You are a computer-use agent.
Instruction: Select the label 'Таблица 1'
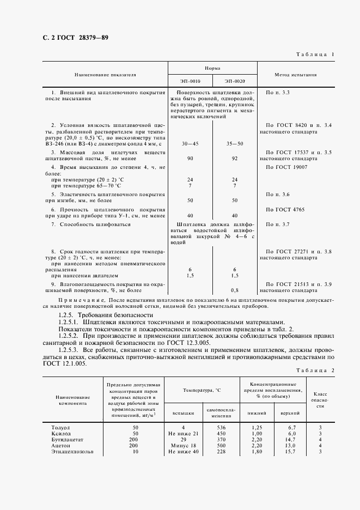tap(315, 55)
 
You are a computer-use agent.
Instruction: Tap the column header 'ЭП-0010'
tap(189, 81)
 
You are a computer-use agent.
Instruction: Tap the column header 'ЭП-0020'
tap(235, 81)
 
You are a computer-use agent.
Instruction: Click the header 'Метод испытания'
tap(295, 75)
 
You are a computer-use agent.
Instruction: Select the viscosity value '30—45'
tap(190, 143)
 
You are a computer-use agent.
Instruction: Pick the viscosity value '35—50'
tap(235, 143)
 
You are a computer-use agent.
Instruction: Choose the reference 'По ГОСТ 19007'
tap(286, 167)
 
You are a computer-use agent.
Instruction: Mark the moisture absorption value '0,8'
tap(235, 290)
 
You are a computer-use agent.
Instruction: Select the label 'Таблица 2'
tap(315, 370)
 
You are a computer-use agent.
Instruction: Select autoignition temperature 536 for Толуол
tap(221, 428)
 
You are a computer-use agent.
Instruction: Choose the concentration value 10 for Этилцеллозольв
tap(135, 452)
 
